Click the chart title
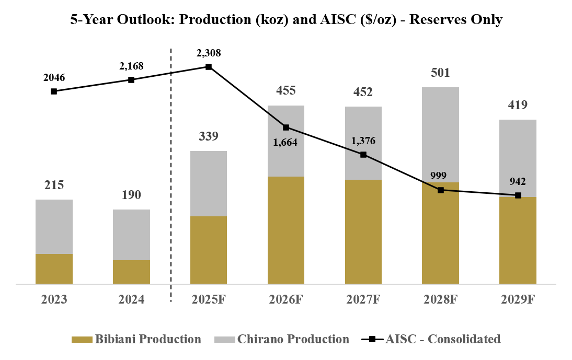click(287, 20)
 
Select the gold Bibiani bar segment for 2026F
click(286, 230)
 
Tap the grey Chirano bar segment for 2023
click(54, 226)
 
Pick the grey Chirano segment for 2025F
click(209, 183)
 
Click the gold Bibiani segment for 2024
click(131, 272)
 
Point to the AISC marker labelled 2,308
click(209, 67)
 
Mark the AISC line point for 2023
click(54, 91)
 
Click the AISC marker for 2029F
click(518, 195)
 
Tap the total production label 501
click(440, 73)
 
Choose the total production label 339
click(209, 136)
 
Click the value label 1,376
click(363, 141)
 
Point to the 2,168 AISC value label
click(131, 66)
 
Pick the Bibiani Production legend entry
click(136, 339)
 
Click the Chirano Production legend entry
click(282, 339)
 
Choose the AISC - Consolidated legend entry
click(431, 339)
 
